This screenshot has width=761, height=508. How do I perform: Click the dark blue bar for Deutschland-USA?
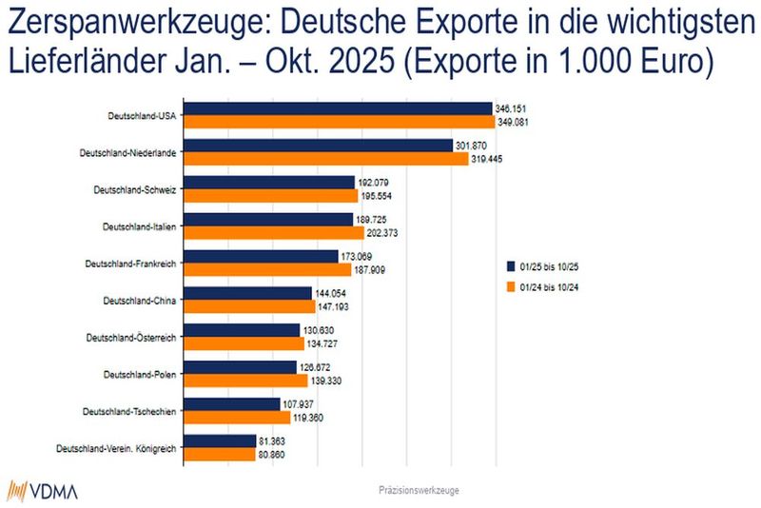tap(337, 109)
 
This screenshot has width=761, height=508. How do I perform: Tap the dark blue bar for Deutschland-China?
tap(246, 294)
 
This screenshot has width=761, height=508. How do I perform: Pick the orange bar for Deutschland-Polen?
tap(244, 381)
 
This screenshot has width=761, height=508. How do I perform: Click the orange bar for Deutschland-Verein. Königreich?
tap(218, 455)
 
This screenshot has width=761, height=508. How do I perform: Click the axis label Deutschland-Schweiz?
tap(136, 189)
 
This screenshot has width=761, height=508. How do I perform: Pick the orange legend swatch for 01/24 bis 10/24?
tap(510, 285)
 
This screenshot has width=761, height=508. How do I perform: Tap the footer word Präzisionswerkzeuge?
tap(420, 491)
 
